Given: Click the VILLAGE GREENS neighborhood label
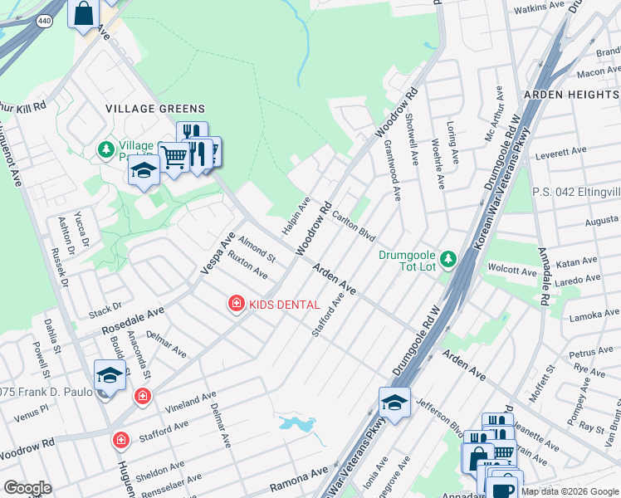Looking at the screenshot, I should pos(154,109).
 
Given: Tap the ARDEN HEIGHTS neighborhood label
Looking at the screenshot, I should pos(571,95).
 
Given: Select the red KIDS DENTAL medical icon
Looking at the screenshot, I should pos(237,305).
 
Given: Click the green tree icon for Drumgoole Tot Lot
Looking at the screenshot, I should pos(448,260).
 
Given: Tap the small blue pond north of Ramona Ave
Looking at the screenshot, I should pos(297,424).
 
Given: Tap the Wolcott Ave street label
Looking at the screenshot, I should pos(513,271).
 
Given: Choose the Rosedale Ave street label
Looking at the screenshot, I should pos(133,319).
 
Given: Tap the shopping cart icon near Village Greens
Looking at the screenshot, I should pos(174,155).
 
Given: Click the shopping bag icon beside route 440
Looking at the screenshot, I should pos(84,13).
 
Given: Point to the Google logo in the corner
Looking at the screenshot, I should pos(27,488).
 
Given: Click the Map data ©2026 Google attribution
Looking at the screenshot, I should pos(570,491).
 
